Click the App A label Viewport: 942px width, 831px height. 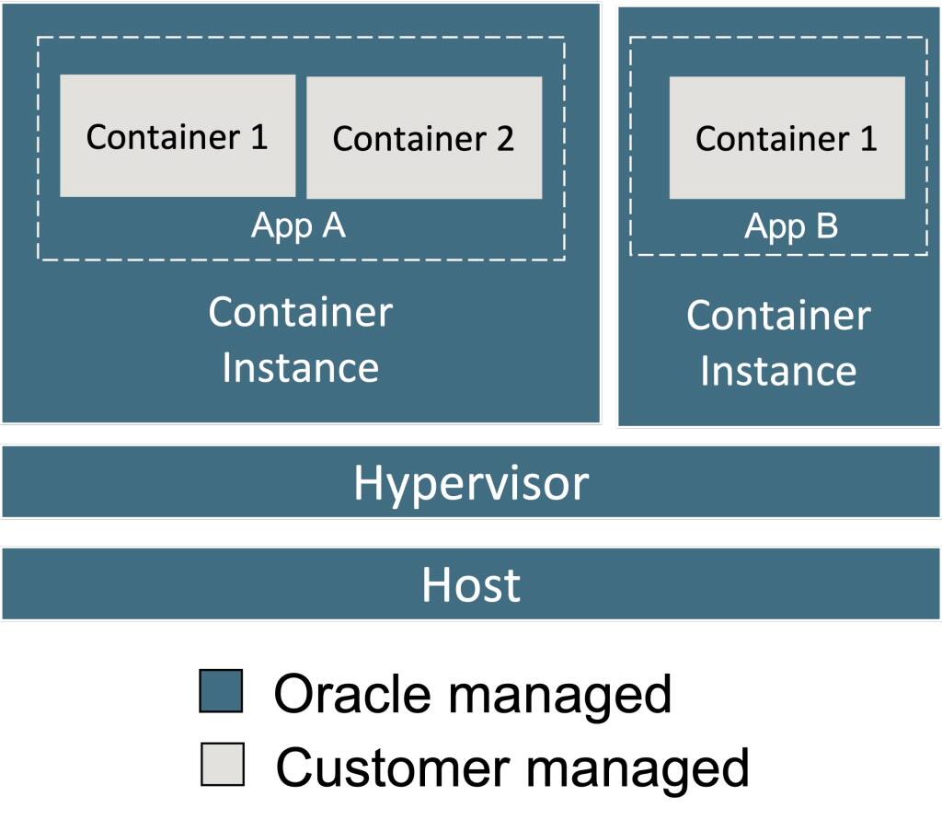coord(298,225)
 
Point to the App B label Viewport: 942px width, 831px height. coord(791,225)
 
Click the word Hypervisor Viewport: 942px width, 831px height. coord(471,482)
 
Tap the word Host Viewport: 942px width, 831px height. coord(471,584)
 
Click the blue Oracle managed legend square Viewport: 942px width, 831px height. coord(221,691)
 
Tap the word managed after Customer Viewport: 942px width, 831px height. coord(635,768)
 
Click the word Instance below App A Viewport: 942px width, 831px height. coord(300,367)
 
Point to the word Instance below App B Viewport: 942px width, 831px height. coord(778,371)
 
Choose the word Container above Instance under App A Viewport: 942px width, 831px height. coord(300,313)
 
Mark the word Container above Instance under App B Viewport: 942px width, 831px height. coord(778,316)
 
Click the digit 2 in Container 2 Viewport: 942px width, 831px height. coord(503,139)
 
